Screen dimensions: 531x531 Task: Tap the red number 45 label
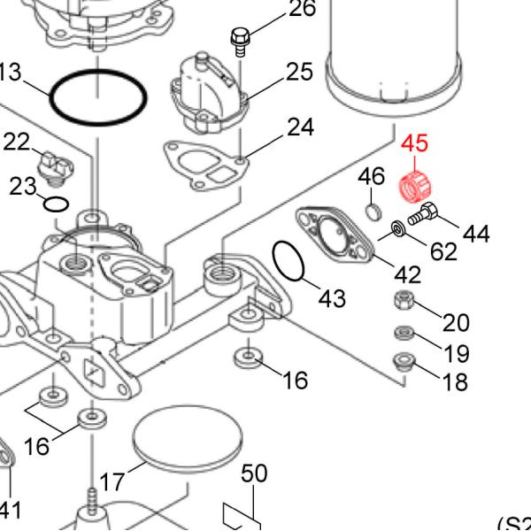[x=415, y=144]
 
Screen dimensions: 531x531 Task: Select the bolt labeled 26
[x=239, y=40]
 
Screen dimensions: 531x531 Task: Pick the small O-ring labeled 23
[x=56, y=205]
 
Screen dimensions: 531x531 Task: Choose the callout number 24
[x=300, y=128]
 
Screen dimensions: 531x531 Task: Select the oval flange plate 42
[x=335, y=235]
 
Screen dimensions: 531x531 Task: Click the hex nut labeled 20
[x=403, y=300]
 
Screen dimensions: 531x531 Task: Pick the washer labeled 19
[x=403, y=334]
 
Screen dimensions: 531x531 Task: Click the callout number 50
[x=254, y=474]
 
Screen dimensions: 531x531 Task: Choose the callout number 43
[x=332, y=298]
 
